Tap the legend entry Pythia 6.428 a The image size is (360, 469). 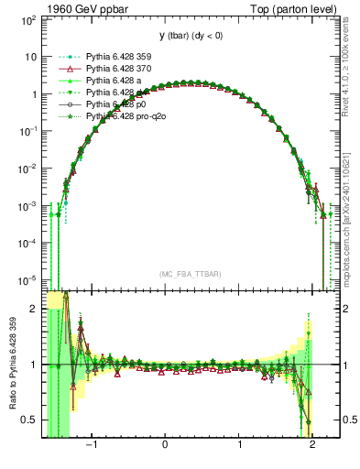coord(114,81)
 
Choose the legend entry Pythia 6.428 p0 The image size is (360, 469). coord(115,104)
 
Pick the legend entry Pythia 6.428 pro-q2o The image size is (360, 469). coord(125,116)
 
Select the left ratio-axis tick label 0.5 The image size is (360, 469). coord(30,420)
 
